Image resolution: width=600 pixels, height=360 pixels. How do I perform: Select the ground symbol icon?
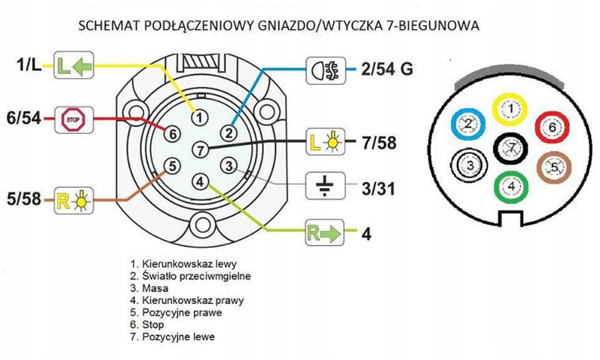pyautogui.click(x=325, y=185)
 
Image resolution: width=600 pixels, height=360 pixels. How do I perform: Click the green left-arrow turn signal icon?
pyautogui.click(x=74, y=65)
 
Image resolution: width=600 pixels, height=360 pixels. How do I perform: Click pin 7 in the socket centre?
pyautogui.click(x=200, y=149)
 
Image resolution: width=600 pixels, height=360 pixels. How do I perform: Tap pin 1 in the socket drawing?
pyautogui.click(x=199, y=117)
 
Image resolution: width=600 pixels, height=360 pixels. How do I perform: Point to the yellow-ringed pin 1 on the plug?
pyautogui.click(x=510, y=109)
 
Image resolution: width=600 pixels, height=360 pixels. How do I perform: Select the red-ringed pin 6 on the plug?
pyautogui.click(x=552, y=127)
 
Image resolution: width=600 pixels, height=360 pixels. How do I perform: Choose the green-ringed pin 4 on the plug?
pyautogui.click(x=511, y=187)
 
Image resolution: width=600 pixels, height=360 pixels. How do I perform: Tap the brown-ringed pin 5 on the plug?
pyautogui.click(x=554, y=167)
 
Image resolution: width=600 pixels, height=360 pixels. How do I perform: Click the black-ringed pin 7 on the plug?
pyautogui.click(x=511, y=148)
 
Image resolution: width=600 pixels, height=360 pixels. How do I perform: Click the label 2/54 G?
pyautogui.click(x=387, y=69)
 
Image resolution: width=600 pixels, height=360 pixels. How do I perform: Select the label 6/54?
pyautogui.click(x=24, y=118)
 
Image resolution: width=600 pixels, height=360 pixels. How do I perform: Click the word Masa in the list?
pyautogui.click(x=155, y=288)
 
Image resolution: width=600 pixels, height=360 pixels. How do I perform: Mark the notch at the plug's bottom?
pyautogui.click(x=511, y=218)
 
